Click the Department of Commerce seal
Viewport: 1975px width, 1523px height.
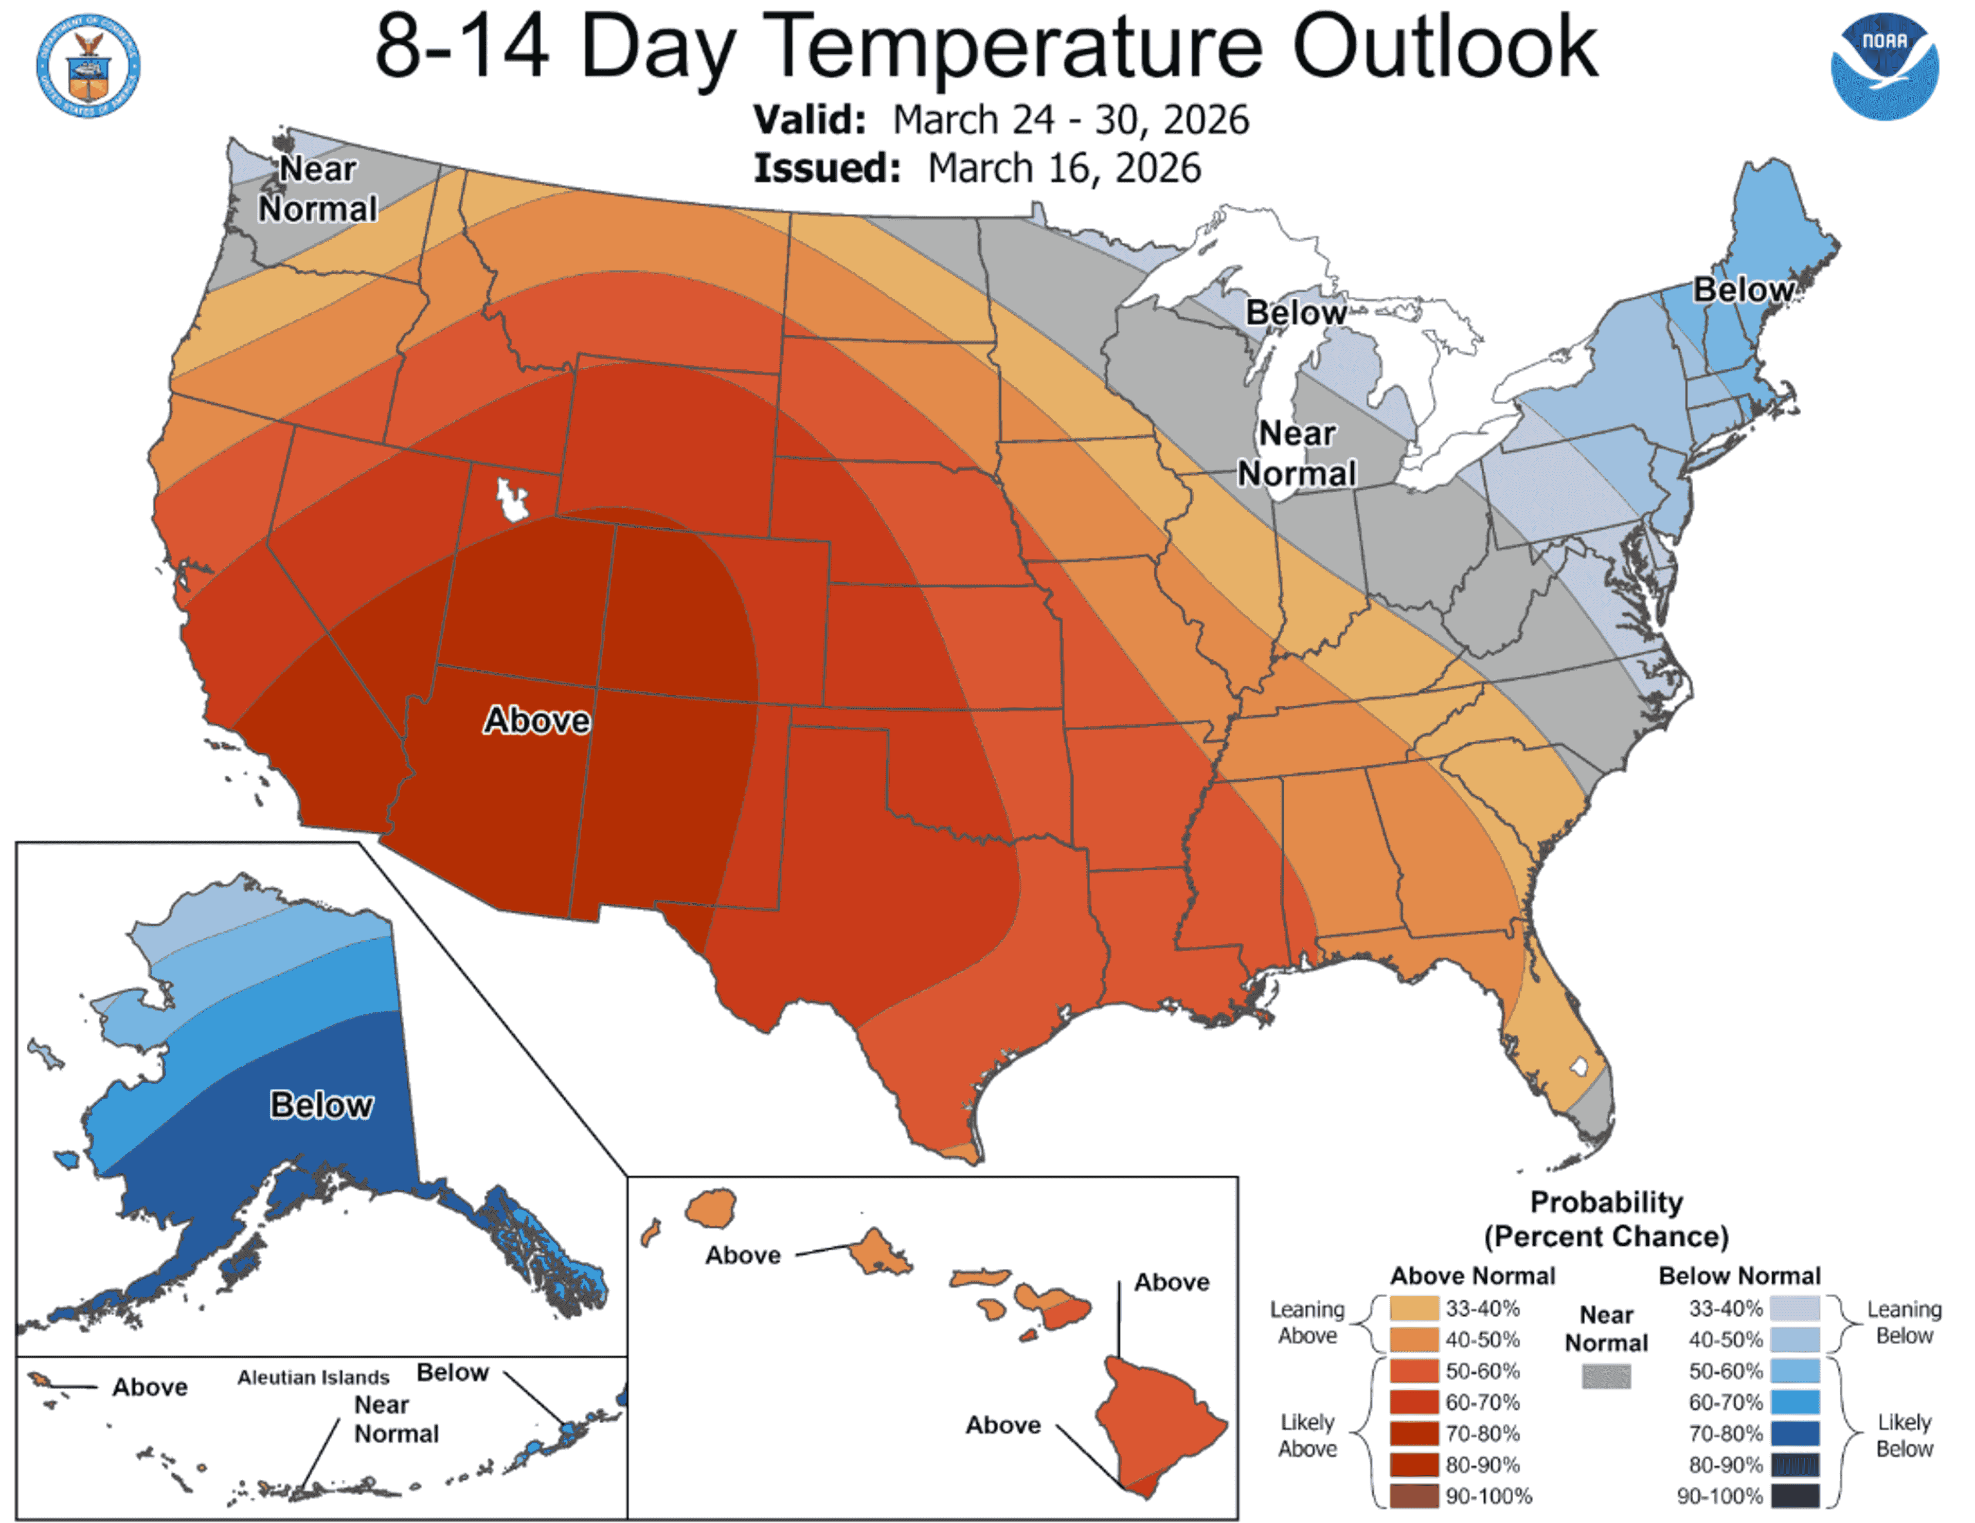coord(88,65)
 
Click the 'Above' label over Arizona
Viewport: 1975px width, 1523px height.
coord(537,721)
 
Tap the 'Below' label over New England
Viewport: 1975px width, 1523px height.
coord(1743,290)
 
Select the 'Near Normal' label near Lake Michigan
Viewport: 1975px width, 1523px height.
coord(1297,453)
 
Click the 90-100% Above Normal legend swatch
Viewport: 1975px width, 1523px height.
coord(1413,1496)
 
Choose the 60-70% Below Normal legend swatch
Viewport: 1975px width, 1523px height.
coord(1795,1402)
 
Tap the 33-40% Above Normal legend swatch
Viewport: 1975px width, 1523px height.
coord(1413,1309)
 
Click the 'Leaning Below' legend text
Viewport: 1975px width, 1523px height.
coord(1904,1322)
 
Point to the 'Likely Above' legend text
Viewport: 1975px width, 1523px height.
coord(1307,1435)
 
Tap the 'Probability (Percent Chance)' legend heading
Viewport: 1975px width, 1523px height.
coord(1606,1219)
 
